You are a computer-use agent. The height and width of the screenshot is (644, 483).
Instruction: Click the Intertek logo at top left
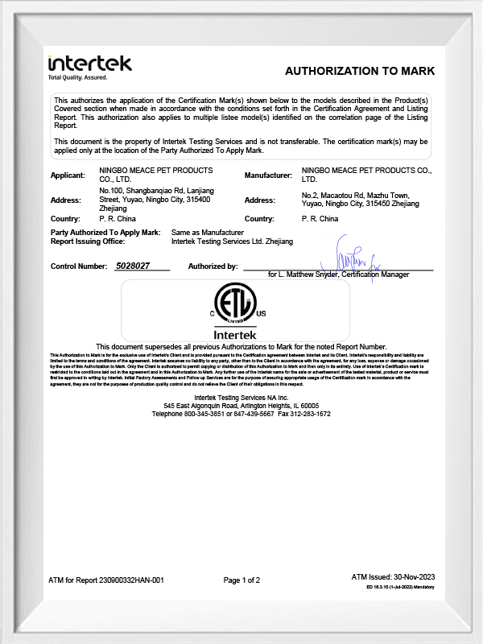(x=89, y=64)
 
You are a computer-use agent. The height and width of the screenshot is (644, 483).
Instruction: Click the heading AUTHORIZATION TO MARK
(x=359, y=71)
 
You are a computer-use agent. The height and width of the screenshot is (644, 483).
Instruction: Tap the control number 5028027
(x=133, y=266)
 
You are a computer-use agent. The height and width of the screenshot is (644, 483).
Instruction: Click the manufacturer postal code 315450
(x=378, y=204)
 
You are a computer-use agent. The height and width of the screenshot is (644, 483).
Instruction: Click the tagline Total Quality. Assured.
(x=77, y=78)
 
